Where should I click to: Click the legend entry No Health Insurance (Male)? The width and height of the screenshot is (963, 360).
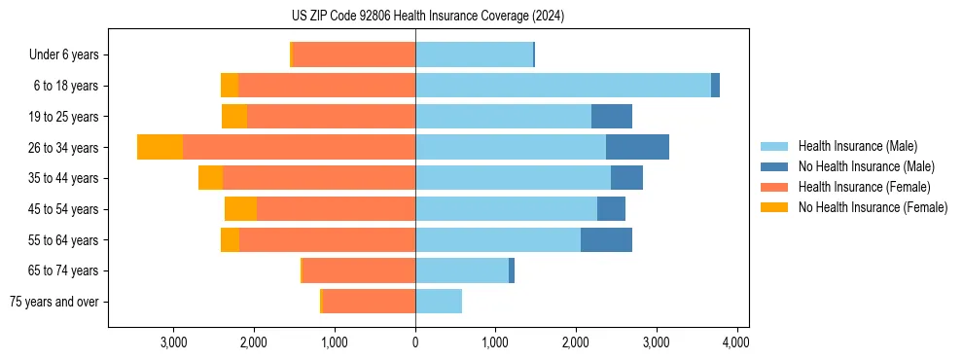[x=866, y=166]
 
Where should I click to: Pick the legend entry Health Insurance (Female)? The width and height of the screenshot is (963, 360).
[x=864, y=187]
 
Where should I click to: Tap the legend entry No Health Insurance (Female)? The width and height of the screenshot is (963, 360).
[x=873, y=207]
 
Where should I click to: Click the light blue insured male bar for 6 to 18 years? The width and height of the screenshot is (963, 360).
[x=562, y=86]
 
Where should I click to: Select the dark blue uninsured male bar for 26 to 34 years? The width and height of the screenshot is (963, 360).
[x=637, y=147]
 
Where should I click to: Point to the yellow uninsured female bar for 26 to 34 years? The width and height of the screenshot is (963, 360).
[x=160, y=147]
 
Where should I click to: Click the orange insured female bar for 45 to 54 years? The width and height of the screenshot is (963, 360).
[x=336, y=209]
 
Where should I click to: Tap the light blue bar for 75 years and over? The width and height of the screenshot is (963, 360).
[x=439, y=302]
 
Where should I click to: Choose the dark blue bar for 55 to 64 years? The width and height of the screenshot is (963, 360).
[x=606, y=240]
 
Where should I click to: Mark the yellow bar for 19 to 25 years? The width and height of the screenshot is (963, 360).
[x=234, y=117]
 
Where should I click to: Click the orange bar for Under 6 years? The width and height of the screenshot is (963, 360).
[x=354, y=54]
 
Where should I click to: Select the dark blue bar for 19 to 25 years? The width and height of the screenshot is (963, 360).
[x=612, y=117]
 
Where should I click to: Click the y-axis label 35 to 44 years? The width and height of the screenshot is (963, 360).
[x=63, y=178]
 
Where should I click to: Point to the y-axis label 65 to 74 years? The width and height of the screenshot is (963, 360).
[x=63, y=270]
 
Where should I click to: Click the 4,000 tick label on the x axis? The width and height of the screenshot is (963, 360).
[x=736, y=342]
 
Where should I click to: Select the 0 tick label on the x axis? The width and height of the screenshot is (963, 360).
[x=415, y=342]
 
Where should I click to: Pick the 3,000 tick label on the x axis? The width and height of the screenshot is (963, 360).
[x=173, y=342]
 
